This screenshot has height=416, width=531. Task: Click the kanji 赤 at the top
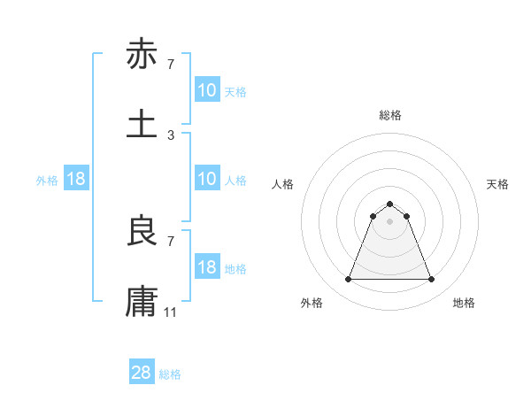tap(142, 55)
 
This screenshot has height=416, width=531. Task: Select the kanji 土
tap(142, 123)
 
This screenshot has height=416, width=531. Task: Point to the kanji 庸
tap(142, 301)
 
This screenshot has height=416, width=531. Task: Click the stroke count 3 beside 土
tap(171, 135)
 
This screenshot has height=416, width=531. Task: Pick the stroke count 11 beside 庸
tap(172, 312)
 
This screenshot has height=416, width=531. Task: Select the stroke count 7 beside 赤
tap(171, 65)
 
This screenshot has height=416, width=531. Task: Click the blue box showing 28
tap(142, 373)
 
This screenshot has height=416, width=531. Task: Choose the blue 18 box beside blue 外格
tap(76, 179)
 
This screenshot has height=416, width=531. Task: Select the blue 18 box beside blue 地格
tap(207, 267)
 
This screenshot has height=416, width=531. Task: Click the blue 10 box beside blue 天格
tap(207, 90)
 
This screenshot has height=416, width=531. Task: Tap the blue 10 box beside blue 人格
tap(207, 179)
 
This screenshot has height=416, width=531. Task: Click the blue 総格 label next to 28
tap(170, 374)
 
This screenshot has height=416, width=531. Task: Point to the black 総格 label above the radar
tap(390, 115)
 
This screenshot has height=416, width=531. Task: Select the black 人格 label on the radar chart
tap(283, 184)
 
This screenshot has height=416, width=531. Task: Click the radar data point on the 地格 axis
tap(432, 280)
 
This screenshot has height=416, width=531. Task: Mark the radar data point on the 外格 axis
tap(348, 280)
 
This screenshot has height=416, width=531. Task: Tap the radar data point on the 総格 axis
tap(389, 204)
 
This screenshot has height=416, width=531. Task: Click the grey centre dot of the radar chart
tap(389, 221)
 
